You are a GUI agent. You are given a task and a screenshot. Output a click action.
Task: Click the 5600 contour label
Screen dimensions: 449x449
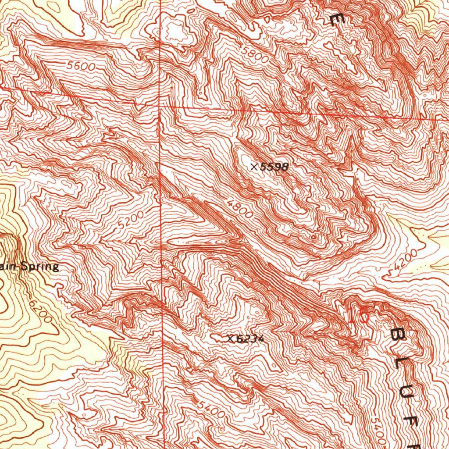click(81, 66)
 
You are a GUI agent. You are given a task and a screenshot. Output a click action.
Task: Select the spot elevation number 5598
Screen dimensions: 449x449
click(274, 167)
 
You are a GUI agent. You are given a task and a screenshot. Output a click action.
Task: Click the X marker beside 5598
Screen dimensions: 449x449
click(254, 167)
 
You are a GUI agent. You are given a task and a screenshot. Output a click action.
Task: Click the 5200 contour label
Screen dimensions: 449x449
click(131, 220)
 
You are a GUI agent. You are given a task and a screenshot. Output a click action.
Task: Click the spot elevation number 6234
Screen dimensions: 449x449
click(250, 339)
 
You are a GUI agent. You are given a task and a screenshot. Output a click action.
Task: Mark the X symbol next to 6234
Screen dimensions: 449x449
click(230, 338)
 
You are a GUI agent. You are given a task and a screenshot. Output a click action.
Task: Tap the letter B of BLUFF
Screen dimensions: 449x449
click(398, 335)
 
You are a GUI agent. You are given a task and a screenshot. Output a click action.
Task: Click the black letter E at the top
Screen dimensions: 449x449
click(336, 19)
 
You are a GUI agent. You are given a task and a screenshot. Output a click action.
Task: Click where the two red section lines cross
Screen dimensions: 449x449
click(162, 106)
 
